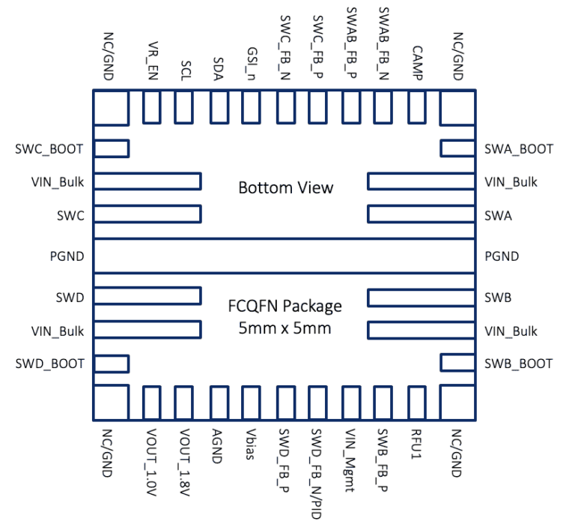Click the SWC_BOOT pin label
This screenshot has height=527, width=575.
tap(49, 148)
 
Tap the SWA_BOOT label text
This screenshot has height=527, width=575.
tap(519, 148)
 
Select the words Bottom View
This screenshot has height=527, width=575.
tap(285, 187)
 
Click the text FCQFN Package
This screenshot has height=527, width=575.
tap(285, 307)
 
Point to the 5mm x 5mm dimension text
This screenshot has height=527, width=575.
tap(285, 328)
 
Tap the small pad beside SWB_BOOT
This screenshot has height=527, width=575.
tap(457, 364)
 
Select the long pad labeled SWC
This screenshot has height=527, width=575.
tap(147, 214)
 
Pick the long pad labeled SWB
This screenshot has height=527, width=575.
tap(421, 297)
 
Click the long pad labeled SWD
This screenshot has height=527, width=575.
tap(147, 295)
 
